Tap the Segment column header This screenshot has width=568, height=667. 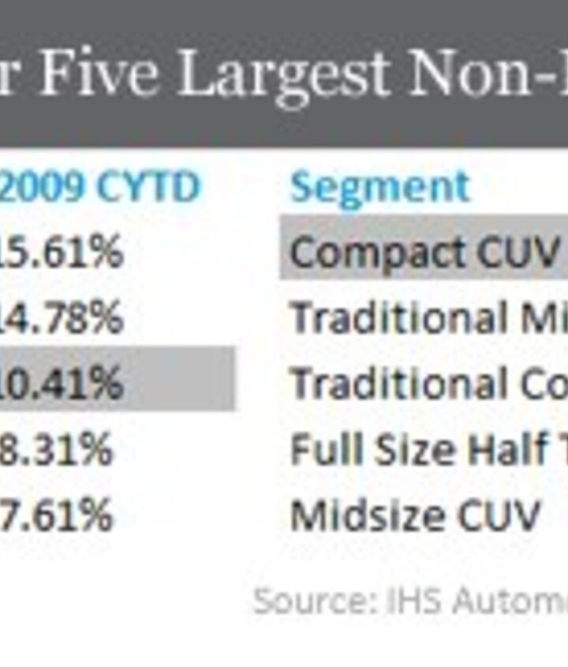pos(379,188)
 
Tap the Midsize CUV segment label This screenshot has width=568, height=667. pos(415,515)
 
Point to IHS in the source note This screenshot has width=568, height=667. pos(391,601)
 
